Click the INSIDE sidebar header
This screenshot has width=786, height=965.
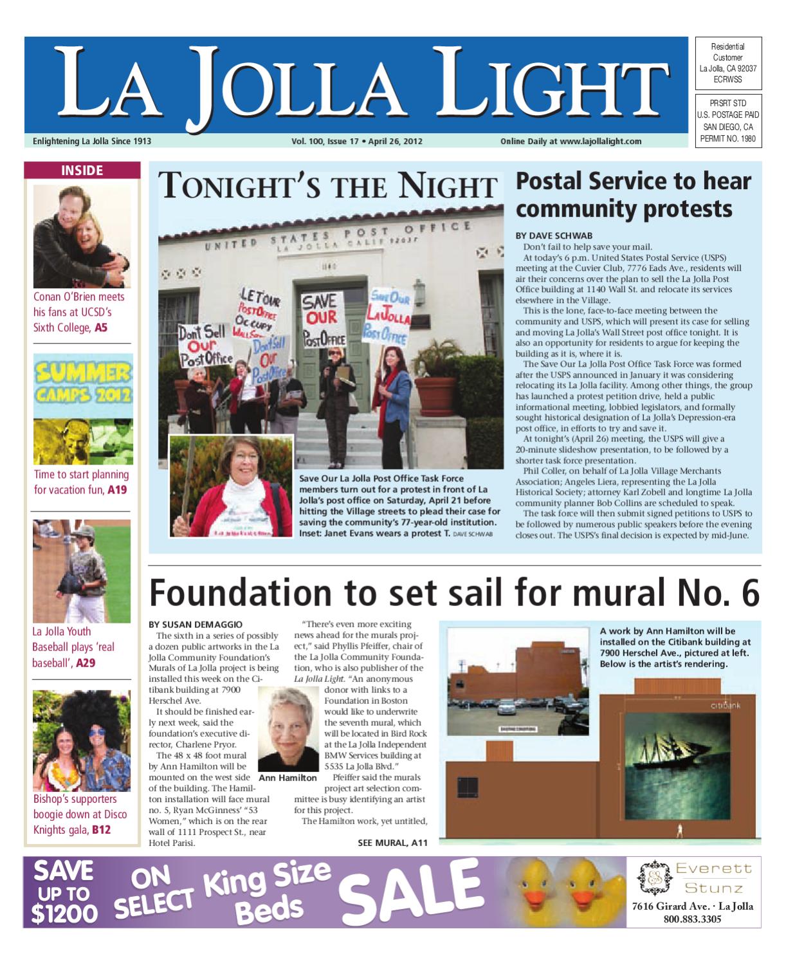(x=82, y=170)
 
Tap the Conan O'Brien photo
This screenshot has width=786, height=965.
(x=82, y=236)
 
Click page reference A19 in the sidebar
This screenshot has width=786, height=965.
(x=117, y=490)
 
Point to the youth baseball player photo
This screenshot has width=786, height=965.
(x=82, y=571)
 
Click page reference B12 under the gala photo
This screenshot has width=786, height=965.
(x=101, y=830)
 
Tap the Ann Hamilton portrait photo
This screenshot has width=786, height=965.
(x=288, y=730)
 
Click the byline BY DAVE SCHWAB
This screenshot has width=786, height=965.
(x=554, y=236)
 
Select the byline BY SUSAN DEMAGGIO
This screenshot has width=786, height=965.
(x=196, y=624)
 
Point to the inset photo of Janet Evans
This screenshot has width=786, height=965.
(x=231, y=486)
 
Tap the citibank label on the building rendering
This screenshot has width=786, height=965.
(x=726, y=706)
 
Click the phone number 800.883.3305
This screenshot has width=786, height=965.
(x=692, y=919)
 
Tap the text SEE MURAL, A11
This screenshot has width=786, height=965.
(x=392, y=843)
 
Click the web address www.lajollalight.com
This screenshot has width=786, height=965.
(x=601, y=142)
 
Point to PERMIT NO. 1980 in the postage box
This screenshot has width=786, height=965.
(x=728, y=138)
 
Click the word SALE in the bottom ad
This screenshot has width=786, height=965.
(x=412, y=891)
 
